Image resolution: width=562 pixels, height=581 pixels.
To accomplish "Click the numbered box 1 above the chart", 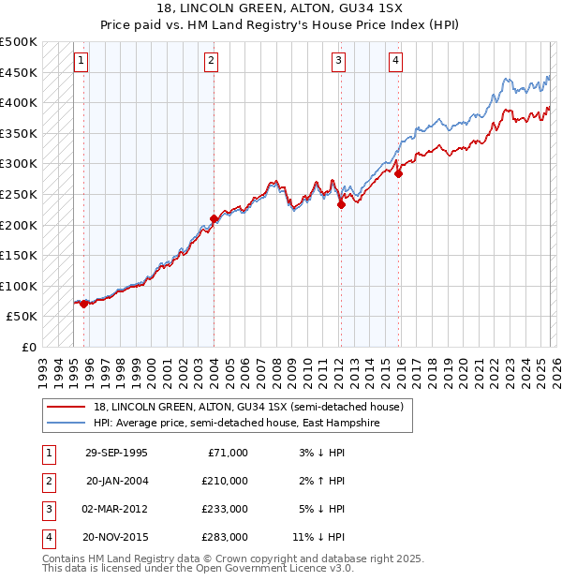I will (x=81, y=61).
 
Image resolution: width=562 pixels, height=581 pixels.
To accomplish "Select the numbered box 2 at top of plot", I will (x=212, y=61).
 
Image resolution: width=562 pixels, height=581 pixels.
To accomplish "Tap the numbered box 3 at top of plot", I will (x=338, y=61).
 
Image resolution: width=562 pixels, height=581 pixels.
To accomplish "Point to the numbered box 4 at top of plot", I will (x=396, y=61).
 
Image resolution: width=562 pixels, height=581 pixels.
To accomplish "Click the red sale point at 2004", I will (x=214, y=219).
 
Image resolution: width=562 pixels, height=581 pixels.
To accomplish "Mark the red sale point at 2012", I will (x=341, y=205).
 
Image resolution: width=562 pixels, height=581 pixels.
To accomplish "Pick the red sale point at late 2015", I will (x=399, y=173).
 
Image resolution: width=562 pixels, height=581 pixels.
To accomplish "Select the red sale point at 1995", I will (x=84, y=304).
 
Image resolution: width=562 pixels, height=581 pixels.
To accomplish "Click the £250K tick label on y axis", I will (x=19, y=194).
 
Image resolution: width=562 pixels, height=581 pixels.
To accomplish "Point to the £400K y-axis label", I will (x=19, y=102).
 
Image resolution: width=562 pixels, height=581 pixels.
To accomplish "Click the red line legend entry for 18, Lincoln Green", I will (x=247, y=407).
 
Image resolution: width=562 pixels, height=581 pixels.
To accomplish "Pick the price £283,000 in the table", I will (x=225, y=537).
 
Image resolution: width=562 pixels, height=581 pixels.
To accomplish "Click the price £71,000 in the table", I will (x=228, y=453).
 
